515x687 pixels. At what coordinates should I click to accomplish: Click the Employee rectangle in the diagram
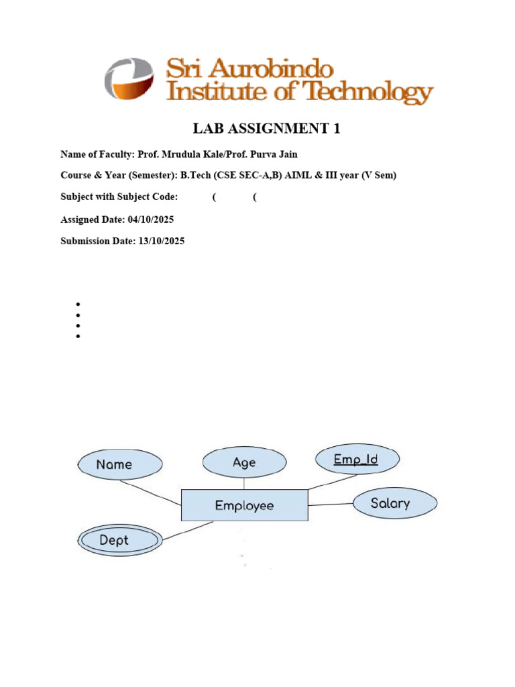tap(244, 505)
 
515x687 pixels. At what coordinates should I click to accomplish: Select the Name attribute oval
tap(120, 464)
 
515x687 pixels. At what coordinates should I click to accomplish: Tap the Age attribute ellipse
tap(244, 462)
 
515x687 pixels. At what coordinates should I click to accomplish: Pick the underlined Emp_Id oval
tap(357, 460)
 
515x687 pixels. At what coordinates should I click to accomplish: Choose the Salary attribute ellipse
tap(394, 503)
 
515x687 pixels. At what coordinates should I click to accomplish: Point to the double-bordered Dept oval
tap(119, 540)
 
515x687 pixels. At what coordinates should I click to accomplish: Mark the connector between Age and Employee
tap(244, 483)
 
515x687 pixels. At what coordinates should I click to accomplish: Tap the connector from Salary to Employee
tap(330, 505)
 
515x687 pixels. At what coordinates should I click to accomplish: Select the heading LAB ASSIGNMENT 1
tap(266, 128)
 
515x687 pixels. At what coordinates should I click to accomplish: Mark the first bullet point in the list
tap(78, 304)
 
